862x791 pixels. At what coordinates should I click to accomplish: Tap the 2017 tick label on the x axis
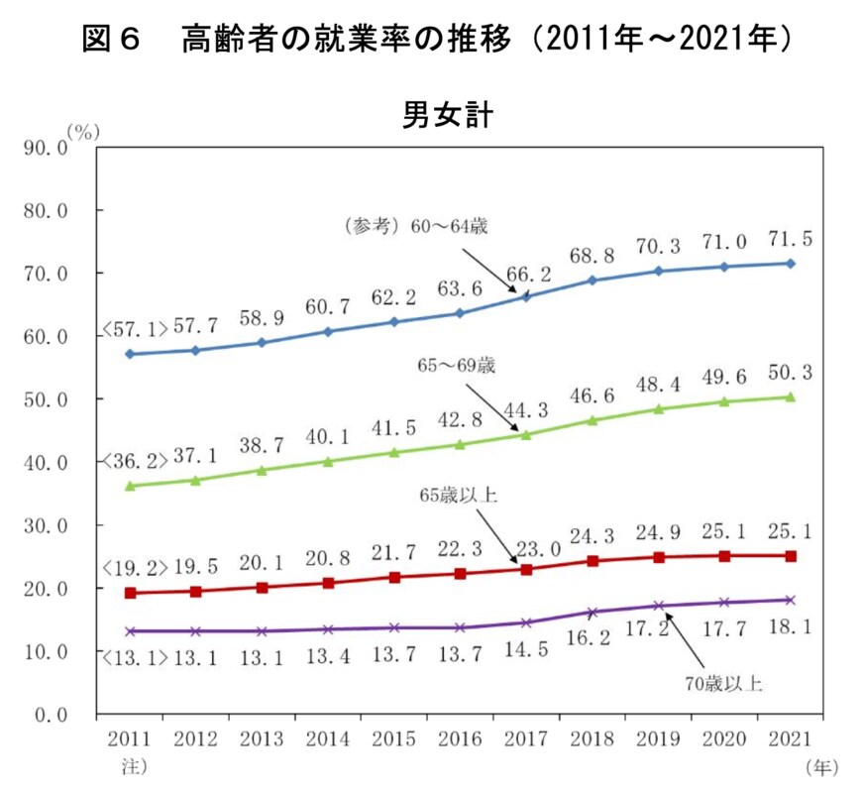526,738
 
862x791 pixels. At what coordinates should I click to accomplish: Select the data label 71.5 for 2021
790,240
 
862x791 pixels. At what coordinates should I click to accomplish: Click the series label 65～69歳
457,365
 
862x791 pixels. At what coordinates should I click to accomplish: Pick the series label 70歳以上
726,681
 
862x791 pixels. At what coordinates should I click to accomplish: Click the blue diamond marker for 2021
790,263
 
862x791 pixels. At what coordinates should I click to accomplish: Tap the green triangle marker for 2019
658,408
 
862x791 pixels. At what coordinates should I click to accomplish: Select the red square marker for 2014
328,583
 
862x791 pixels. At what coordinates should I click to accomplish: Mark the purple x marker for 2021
790,600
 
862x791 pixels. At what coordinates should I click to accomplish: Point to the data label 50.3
790,373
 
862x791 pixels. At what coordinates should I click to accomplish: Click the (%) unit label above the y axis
83,131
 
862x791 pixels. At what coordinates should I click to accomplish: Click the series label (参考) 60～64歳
415,225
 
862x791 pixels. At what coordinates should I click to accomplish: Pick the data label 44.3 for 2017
526,411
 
